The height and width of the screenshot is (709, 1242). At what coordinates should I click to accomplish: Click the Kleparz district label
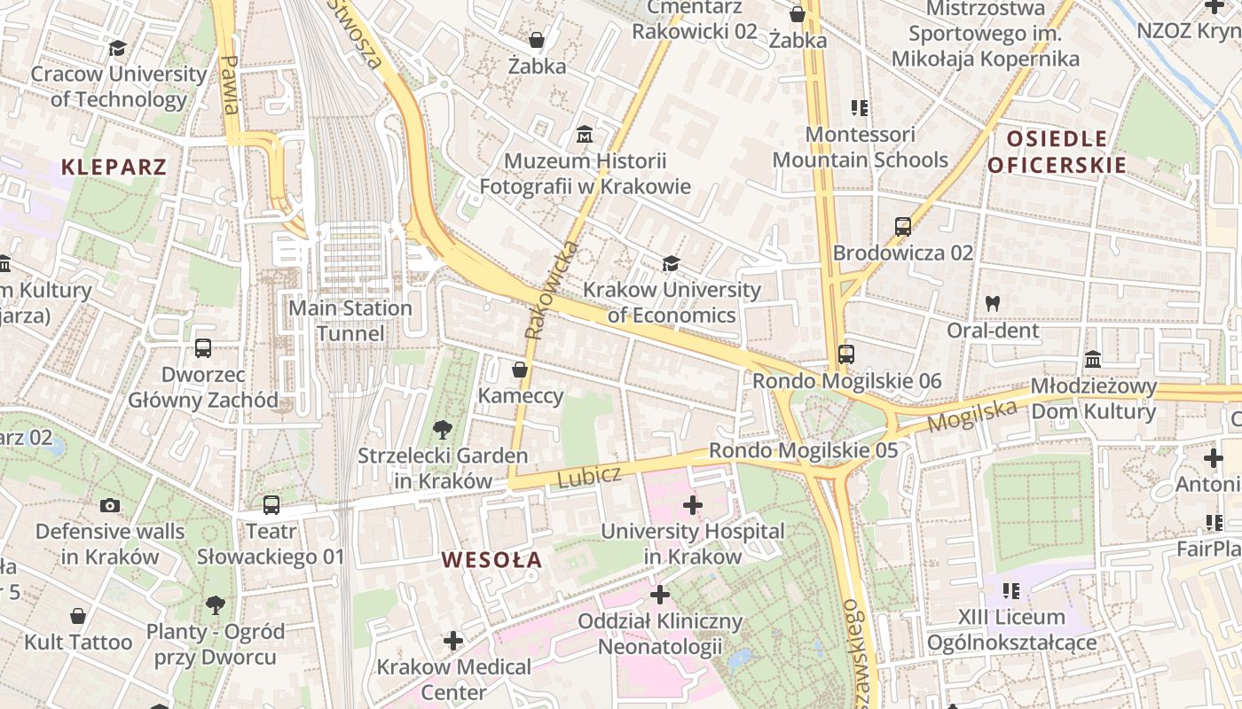(114, 167)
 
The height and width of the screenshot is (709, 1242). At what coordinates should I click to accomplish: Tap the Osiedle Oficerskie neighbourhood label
(1057, 152)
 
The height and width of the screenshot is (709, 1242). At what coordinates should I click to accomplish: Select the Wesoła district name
(491, 559)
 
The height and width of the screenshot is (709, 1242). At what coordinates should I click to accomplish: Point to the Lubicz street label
(589, 476)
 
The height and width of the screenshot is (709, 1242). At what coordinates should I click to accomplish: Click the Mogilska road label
(971, 415)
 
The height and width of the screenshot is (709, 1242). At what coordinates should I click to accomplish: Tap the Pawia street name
(230, 85)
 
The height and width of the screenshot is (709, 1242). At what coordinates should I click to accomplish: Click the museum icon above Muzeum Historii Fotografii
(585, 136)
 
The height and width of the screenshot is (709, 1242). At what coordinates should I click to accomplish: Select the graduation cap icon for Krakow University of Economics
(671, 264)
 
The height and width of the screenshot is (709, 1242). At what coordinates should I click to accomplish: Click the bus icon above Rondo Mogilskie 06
(846, 354)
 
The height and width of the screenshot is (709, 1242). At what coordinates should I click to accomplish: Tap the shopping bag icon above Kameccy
(520, 370)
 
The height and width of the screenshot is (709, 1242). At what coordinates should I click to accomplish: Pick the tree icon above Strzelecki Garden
(442, 430)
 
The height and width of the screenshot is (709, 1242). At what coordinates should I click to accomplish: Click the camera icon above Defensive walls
(110, 505)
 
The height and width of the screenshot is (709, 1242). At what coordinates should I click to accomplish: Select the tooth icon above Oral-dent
(993, 303)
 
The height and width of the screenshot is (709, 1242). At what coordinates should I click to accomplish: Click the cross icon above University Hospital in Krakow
(693, 505)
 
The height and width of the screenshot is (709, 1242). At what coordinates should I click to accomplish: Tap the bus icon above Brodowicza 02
(903, 227)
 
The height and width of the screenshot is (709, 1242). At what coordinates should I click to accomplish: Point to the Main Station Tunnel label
(352, 321)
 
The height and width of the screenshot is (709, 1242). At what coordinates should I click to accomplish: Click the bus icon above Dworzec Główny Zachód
(203, 348)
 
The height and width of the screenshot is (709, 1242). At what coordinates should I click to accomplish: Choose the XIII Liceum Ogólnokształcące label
(1011, 629)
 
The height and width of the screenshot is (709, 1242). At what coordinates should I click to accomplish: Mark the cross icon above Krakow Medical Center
(453, 640)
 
